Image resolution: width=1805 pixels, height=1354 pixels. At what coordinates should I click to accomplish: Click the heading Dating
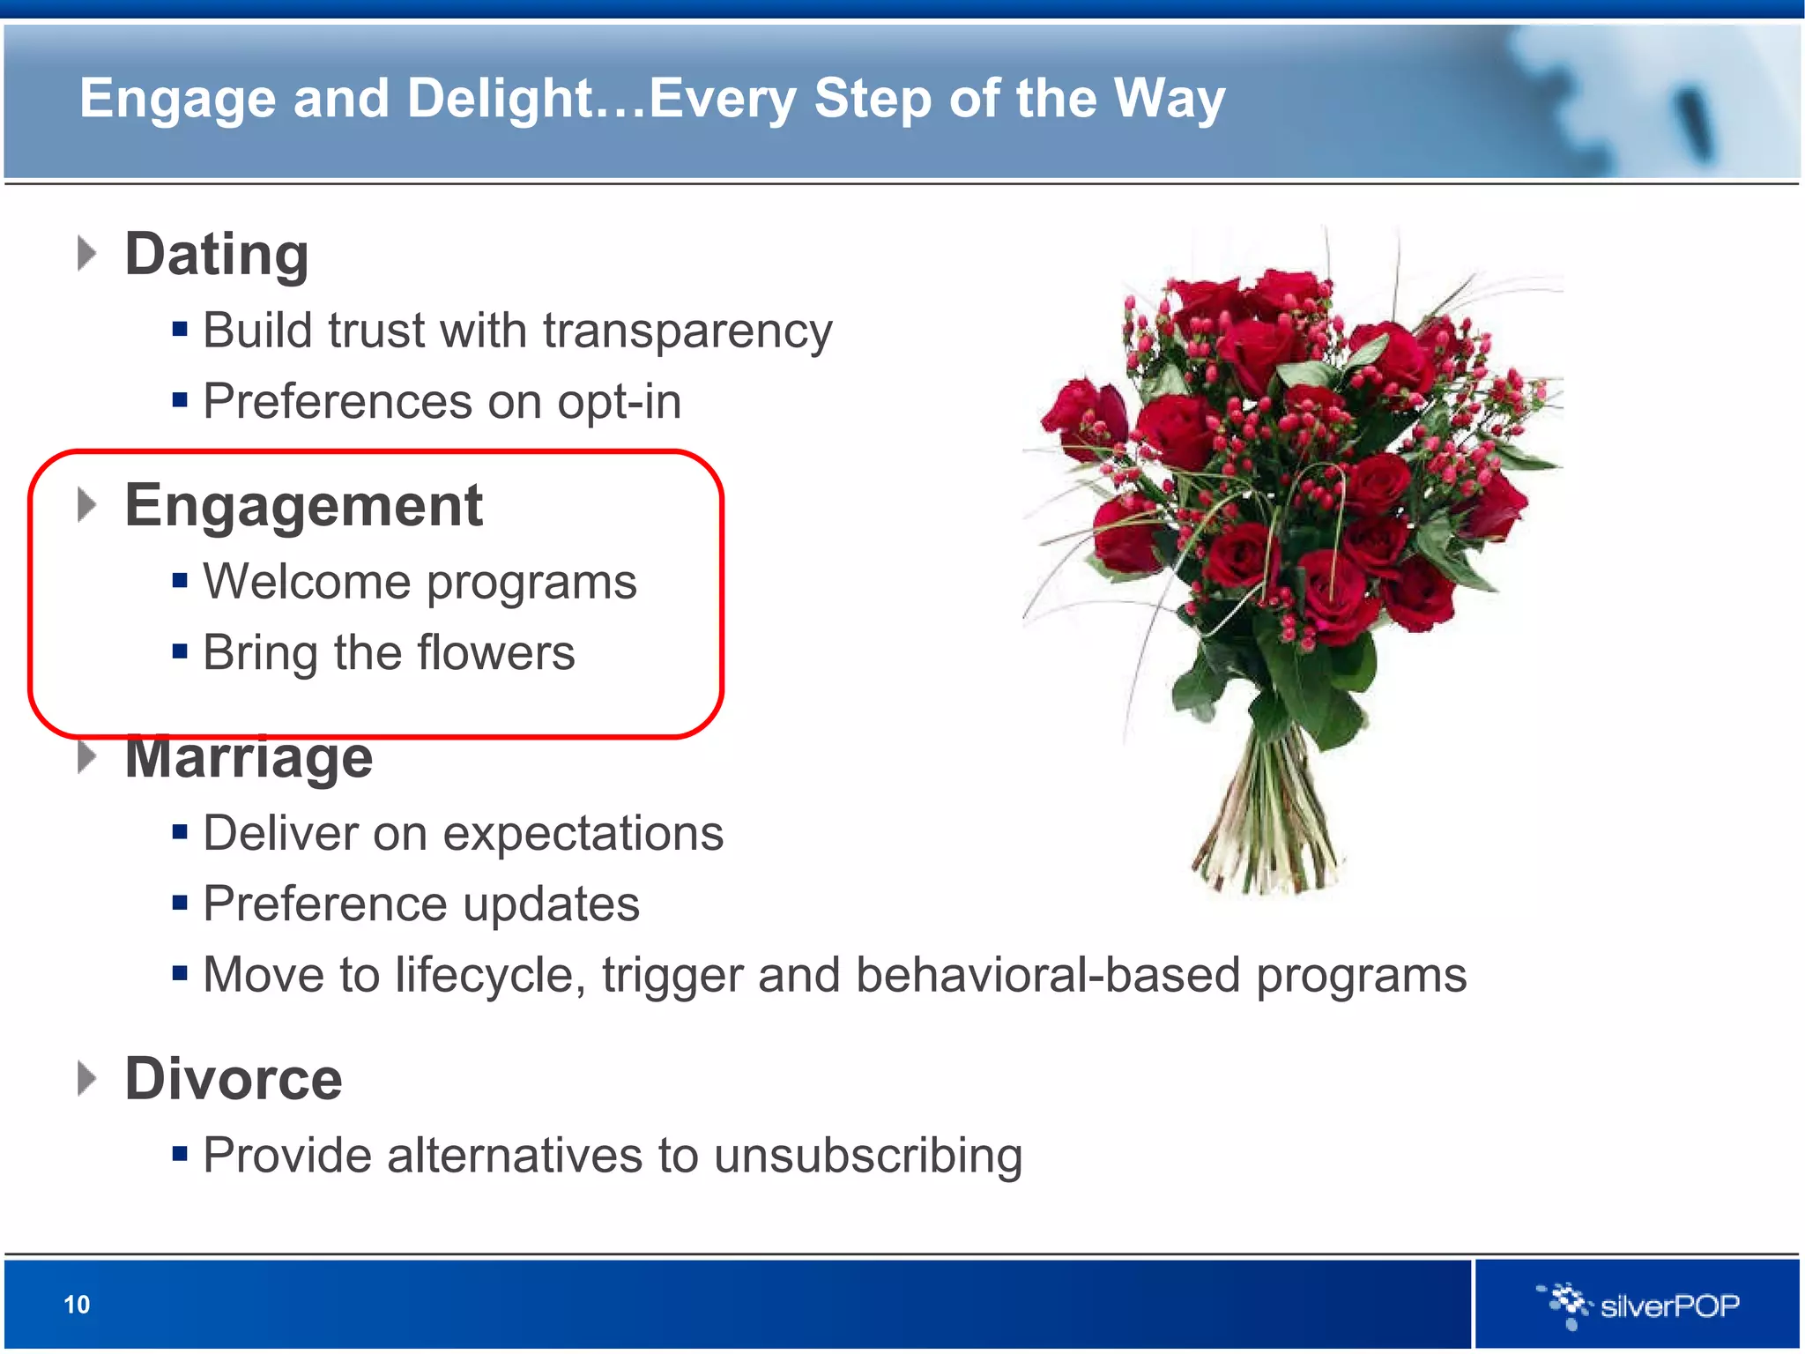click(217, 255)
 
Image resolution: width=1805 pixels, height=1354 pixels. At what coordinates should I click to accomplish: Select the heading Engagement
click(303, 506)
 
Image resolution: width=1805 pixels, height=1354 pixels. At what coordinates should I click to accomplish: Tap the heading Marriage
click(249, 758)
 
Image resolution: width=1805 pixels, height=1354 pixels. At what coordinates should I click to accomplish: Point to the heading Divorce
click(234, 1079)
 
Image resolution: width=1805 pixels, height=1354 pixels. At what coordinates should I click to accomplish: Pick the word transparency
click(687, 331)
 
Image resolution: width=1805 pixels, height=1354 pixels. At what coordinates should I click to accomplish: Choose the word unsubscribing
click(868, 1156)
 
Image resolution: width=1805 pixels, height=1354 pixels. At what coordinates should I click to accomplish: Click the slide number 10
click(77, 1305)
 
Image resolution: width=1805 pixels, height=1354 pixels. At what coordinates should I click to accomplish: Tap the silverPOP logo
click(1639, 1305)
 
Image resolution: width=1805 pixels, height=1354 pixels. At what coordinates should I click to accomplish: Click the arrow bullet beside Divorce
click(86, 1079)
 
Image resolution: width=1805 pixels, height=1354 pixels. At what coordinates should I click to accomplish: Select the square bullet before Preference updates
click(180, 904)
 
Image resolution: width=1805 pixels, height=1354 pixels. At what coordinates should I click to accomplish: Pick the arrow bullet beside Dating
click(86, 254)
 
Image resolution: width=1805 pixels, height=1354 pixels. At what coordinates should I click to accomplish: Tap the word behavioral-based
click(1048, 976)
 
